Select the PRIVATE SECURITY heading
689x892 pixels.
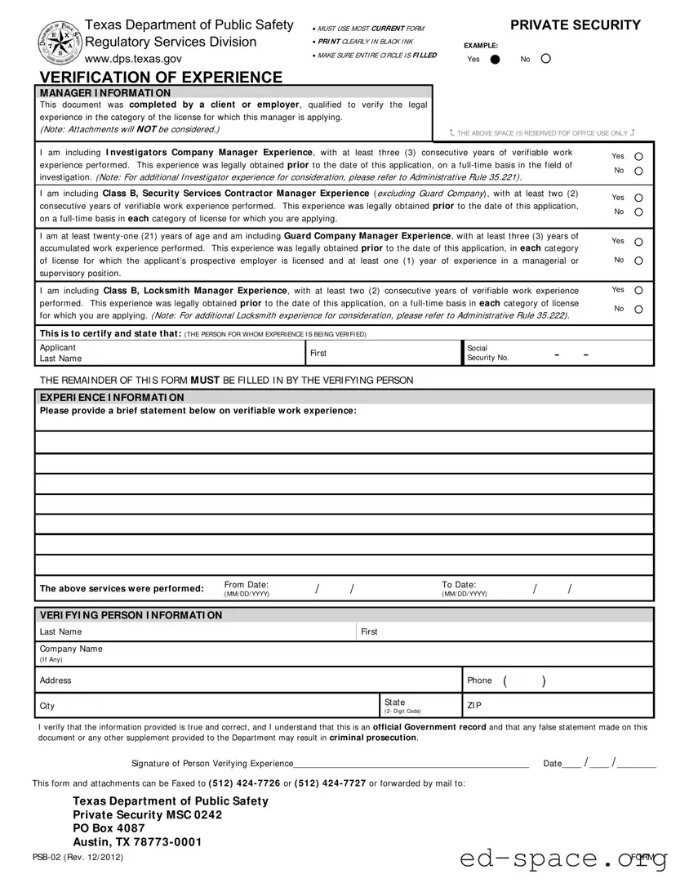pos(576,25)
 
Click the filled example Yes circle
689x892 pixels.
pos(495,59)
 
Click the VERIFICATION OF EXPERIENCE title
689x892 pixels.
pos(161,78)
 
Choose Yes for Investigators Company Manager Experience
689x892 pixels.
pos(638,156)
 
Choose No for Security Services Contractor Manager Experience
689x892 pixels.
pos(638,212)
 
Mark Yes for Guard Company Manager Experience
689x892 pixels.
pos(638,242)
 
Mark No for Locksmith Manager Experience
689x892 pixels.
pos(638,310)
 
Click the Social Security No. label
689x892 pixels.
pos(487,353)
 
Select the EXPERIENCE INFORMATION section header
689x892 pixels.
pos(112,397)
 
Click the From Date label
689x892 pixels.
pos(246,585)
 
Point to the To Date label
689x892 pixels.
pos(459,585)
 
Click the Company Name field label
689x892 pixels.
pos(71,649)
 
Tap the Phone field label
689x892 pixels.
pos(479,680)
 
